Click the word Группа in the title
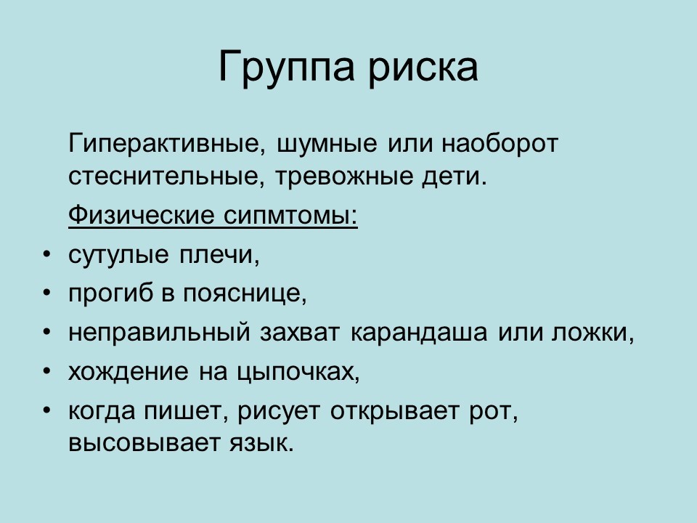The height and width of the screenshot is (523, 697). (x=287, y=67)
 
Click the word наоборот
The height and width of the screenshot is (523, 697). (x=500, y=144)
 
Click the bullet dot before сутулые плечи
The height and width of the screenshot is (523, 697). (x=47, y=255)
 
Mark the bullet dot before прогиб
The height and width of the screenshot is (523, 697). (x=47, y=293)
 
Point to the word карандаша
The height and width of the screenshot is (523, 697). (x=419, y=333)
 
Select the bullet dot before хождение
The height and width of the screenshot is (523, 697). (x=47, y=372)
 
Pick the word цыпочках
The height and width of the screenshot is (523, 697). (x=298, y=372)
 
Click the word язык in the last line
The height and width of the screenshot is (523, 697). (x=262, y=444)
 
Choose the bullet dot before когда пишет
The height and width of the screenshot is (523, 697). (x=47, y=411)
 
